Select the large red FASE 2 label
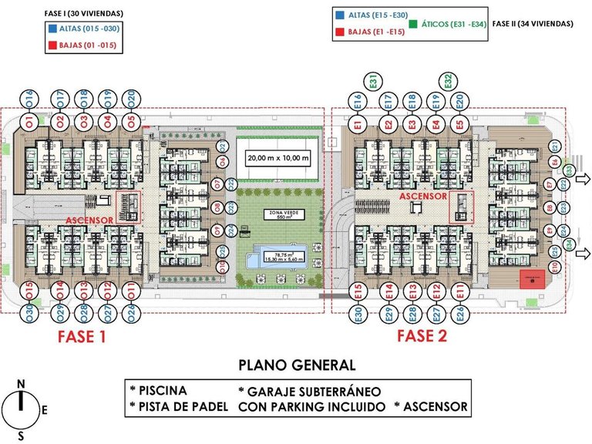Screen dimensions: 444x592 422,336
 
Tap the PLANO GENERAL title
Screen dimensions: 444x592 297,365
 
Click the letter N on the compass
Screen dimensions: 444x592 22,384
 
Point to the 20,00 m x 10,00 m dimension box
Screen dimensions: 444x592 277,159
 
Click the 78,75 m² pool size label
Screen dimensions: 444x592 278,257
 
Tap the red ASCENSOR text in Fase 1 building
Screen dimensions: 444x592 89,220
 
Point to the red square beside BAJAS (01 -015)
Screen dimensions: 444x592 52,45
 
